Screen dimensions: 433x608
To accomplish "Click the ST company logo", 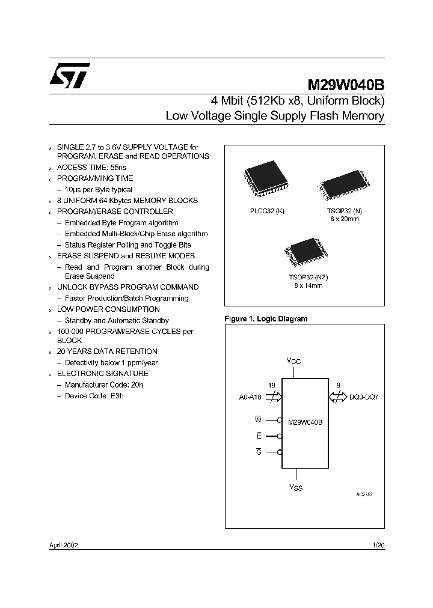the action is tap(69, 74).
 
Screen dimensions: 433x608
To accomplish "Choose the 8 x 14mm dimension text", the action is tap(308, 286).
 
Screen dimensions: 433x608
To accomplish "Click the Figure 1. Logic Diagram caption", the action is tap(265, 319).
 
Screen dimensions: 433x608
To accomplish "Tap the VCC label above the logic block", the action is tap(293, 361).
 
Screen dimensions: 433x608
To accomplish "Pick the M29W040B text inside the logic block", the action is tap(306, 422).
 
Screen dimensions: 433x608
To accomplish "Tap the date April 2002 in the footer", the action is tap(63, 545).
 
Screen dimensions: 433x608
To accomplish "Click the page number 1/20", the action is tap(378, 545).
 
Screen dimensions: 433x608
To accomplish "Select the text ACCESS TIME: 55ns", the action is tap(91, 167).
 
